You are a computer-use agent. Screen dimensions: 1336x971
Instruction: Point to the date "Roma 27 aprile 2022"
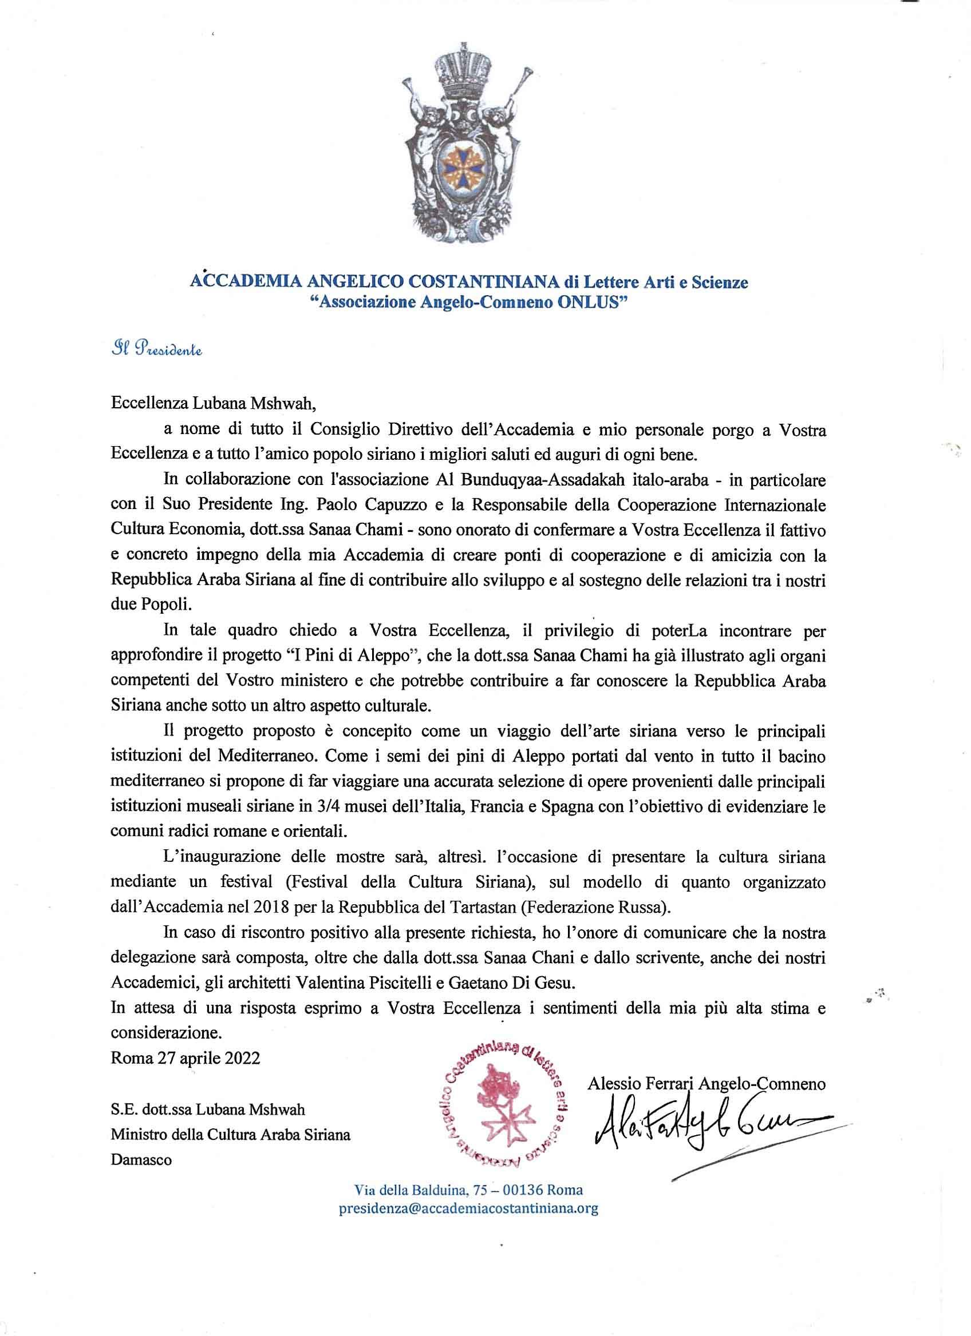coord(185,1058)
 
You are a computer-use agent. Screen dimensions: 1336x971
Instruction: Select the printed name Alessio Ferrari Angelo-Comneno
coord(706,1083)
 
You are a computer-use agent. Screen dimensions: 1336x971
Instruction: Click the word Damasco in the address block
coord(141,1160)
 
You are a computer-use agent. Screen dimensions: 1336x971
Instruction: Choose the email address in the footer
coord(469,1208)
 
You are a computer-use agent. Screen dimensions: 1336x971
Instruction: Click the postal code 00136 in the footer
coord(533,1190)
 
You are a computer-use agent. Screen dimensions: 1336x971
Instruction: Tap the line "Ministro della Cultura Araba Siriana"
coord(231,1135)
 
